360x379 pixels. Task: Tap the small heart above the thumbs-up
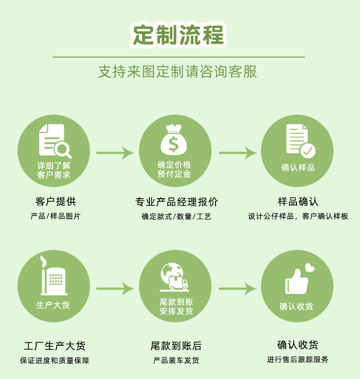pos(310,268)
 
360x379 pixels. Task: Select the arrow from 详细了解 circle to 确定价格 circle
pos(115,153)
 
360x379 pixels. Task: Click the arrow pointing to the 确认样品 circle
pos(238,153)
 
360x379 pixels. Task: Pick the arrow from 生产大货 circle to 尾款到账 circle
pos(115,288)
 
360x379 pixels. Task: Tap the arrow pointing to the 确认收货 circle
pos(238,288)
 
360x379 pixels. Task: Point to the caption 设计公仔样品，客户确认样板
pos(298,216)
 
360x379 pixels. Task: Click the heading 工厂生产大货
pos(54,346)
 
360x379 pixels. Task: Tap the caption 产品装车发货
pos(176,360)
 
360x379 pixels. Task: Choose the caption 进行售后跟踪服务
pos(297,359)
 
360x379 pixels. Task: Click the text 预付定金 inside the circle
pos(174,174)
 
